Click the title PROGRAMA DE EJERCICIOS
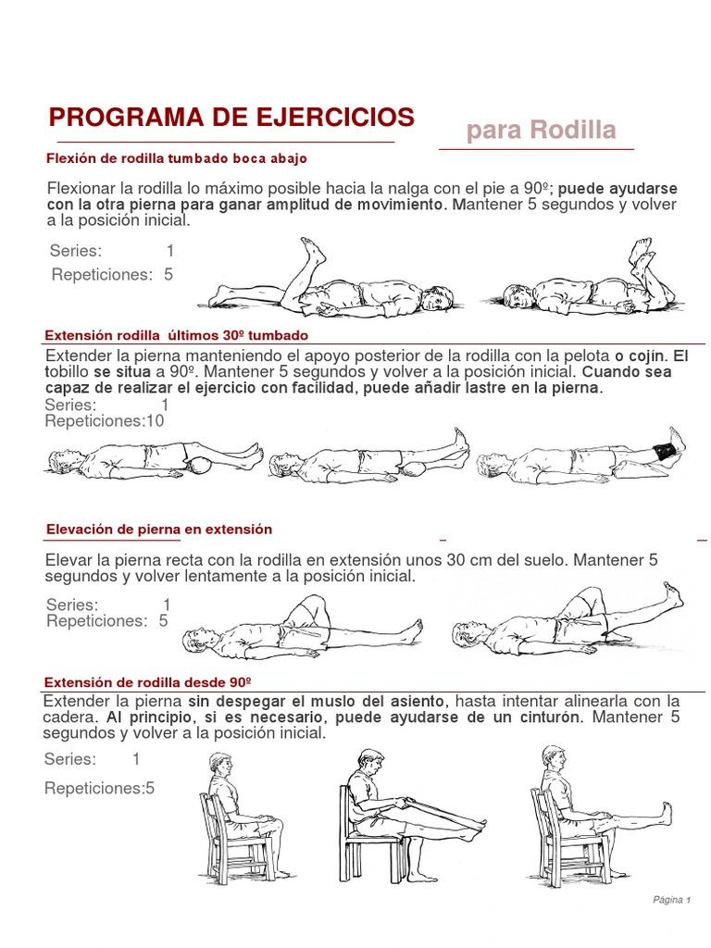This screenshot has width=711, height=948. click(231, 118)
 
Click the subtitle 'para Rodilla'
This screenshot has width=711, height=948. click(541, 131)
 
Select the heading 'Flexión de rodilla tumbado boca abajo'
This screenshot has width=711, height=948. click(176, 158)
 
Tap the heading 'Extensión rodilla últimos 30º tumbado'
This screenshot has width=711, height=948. click(177, 334)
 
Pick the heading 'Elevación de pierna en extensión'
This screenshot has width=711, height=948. click(159, 529)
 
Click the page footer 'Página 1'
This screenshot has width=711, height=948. click(671, 899)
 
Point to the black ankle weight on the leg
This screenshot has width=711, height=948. click(664, 452)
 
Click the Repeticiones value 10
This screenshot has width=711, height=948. click(155, 421)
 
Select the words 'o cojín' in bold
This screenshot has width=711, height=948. click(640, 355)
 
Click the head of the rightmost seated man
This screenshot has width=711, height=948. click(554, 756)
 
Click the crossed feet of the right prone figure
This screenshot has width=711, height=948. click(641, 252)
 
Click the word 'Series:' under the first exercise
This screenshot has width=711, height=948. click(76, 251)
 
